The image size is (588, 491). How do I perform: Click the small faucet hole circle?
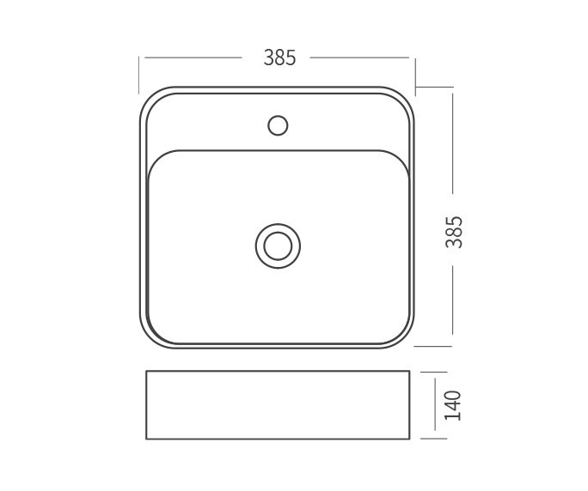278,125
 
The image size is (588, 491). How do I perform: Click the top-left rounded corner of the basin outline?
148,94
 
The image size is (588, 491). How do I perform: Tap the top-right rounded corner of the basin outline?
407,94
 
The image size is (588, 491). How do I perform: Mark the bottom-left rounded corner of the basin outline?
148,339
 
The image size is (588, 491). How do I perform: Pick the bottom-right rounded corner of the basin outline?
407,339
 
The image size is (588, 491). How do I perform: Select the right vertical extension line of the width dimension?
415,75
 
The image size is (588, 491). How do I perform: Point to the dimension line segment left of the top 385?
193,58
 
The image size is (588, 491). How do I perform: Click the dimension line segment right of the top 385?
358,58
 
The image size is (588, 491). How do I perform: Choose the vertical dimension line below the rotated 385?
453,305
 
